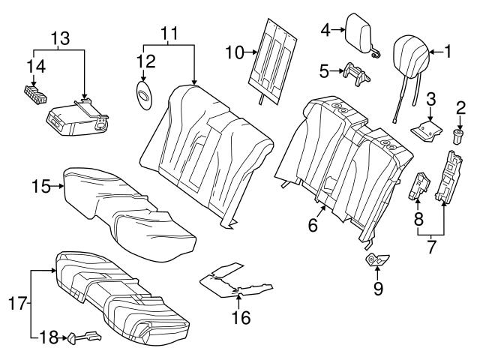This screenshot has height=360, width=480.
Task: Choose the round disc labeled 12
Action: coord(142,94)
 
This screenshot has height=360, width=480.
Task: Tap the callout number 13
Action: coord(58,37)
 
